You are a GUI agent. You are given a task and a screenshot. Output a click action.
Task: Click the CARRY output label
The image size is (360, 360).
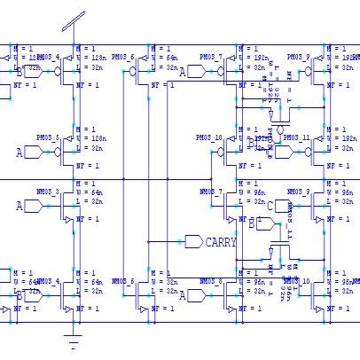[220, 241]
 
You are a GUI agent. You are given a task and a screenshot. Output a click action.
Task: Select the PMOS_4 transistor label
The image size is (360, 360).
[46, 57]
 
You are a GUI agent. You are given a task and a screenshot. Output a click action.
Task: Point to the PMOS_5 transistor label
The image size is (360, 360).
[46, 139]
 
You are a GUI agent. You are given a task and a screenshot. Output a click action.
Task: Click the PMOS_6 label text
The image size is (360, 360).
[123, 57]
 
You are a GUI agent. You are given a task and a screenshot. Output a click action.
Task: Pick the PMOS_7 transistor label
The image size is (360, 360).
[210, 57]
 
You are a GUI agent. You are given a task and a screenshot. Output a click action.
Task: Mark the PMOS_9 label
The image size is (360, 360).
[297, 57]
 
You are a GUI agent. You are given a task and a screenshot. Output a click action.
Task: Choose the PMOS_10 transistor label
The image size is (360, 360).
[209, 139]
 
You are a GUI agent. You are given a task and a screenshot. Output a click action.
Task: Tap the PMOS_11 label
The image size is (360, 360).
[297, 139]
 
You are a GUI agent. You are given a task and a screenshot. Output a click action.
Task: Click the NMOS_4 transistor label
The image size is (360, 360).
[46, 281]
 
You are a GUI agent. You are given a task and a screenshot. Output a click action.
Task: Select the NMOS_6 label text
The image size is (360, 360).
[123, 281]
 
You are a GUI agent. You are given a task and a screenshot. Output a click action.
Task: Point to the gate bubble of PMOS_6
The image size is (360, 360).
[132, 74]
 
